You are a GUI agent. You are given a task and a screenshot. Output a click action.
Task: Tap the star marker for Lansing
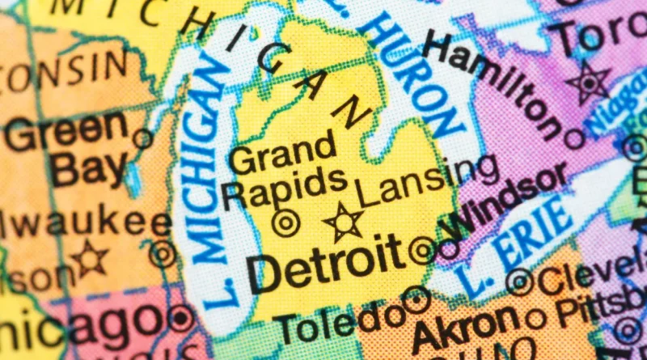click(344, 222)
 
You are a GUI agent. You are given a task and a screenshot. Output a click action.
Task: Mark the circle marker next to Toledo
click(416, 300)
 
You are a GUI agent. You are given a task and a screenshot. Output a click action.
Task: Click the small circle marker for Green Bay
click(143, 138)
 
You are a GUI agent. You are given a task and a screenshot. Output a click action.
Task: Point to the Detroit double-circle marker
click(422, 249)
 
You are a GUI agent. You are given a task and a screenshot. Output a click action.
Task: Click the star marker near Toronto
click(588, 83)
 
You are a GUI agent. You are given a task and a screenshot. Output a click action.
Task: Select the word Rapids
click(274, 187)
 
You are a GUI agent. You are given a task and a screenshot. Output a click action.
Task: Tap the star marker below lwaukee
click(90, 258)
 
